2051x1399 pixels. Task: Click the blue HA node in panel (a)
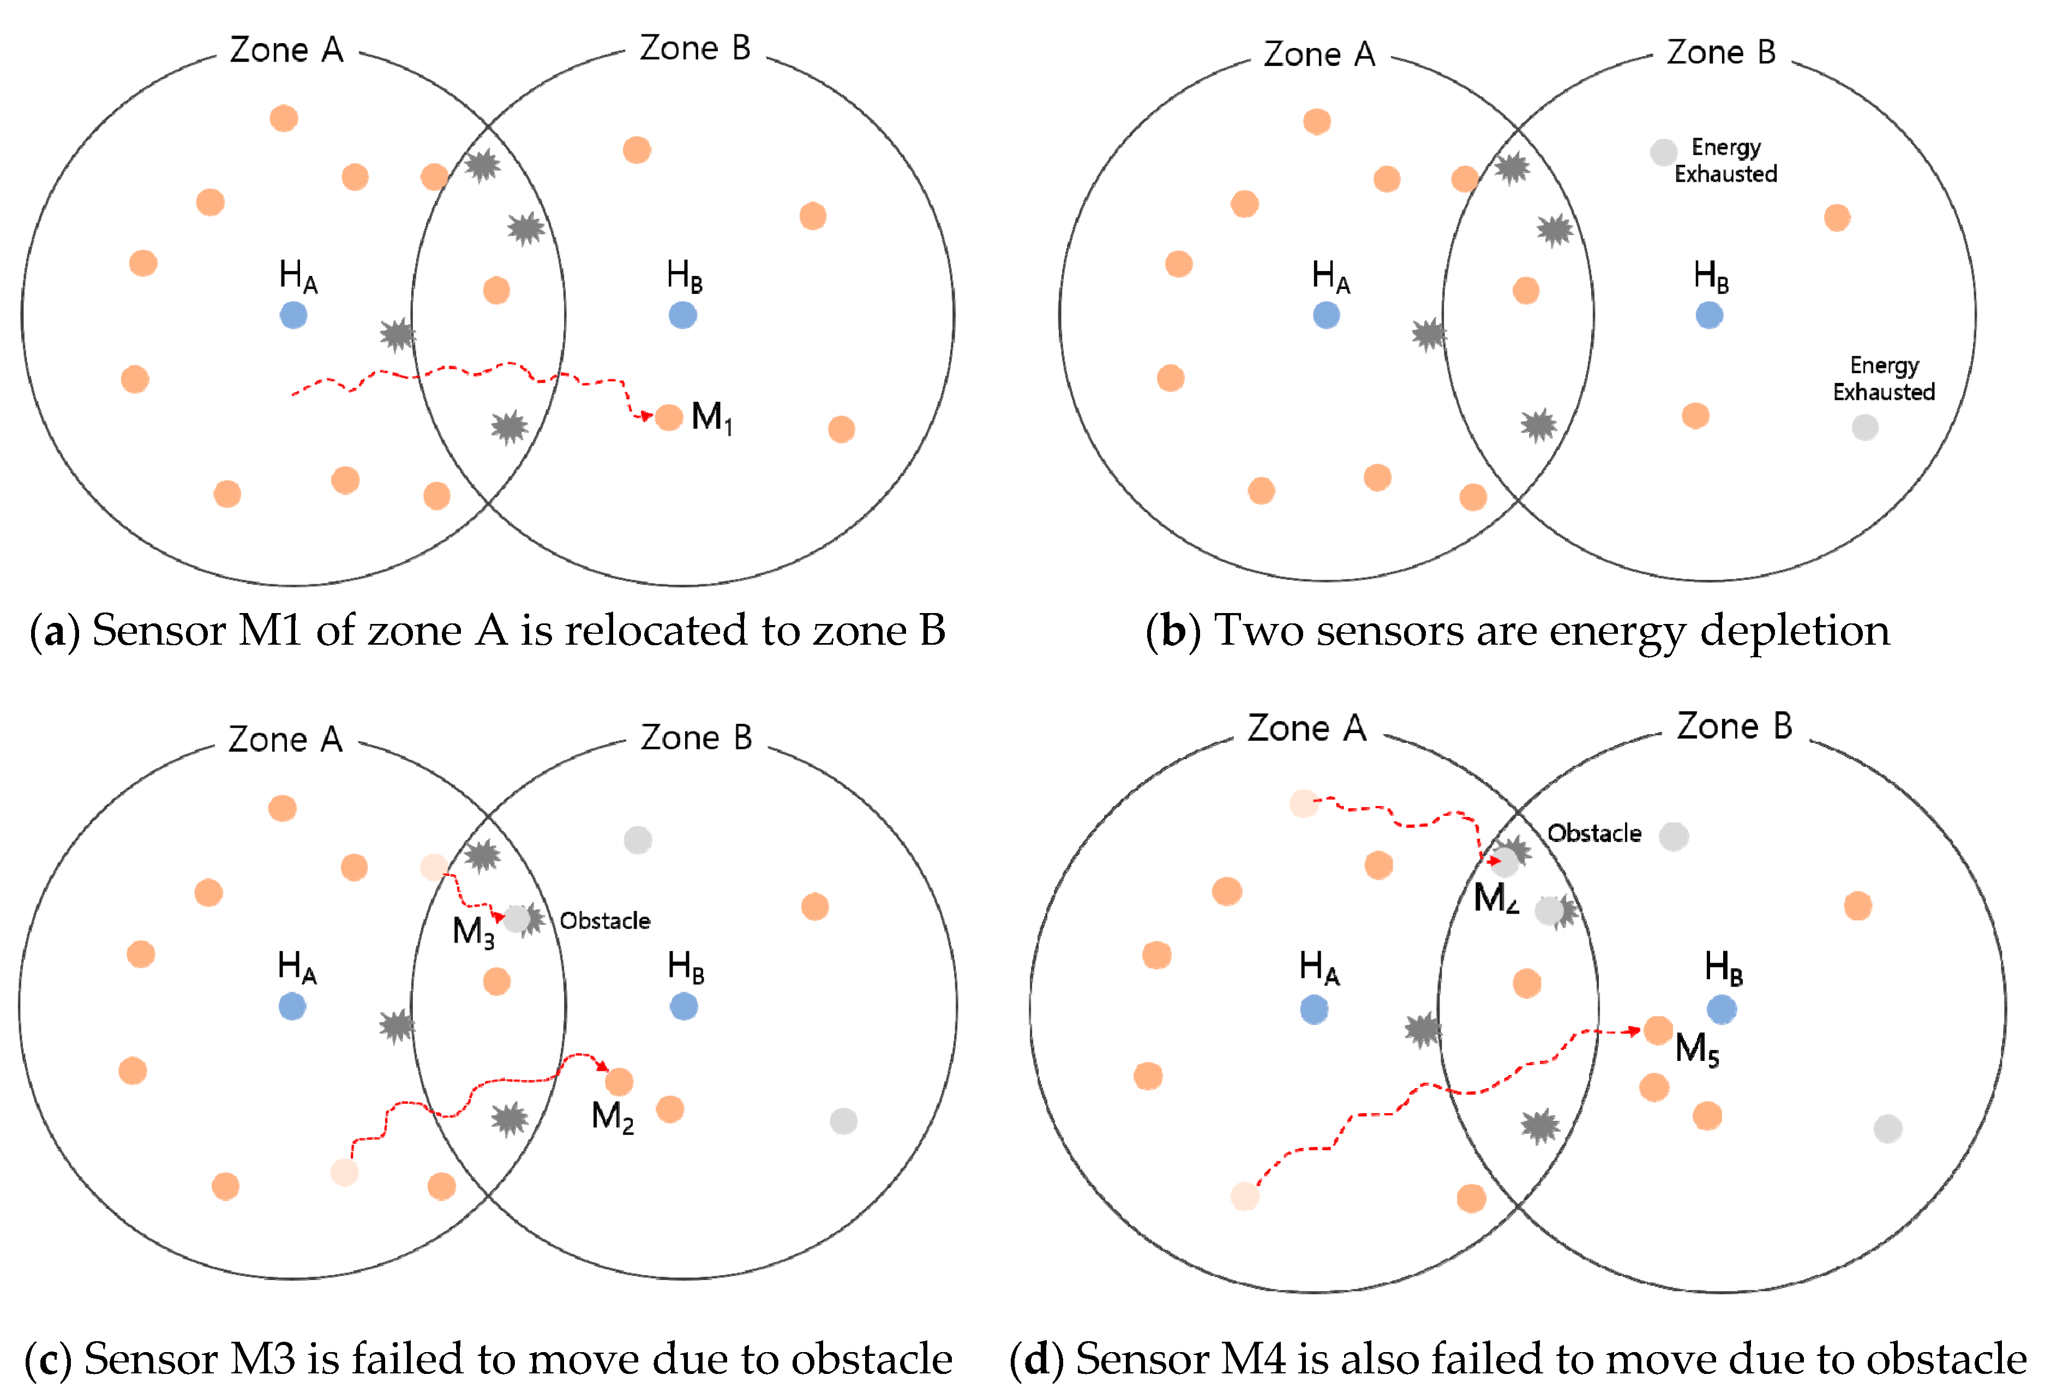pos(293,315)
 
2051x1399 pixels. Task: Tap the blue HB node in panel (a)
pos(682,315)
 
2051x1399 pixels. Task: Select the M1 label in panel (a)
pos(711,417)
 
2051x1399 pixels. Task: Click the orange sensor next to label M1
pos(669,417)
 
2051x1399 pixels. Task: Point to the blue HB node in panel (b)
pos(1708,315)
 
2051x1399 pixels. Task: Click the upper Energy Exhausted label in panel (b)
pos(1725,161)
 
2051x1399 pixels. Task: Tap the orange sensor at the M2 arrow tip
pos(619,1081)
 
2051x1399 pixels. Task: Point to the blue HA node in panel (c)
pos(292,1006)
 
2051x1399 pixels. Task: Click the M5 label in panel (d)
pos(1696,1049)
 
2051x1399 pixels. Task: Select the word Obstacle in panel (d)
pos(1594,833)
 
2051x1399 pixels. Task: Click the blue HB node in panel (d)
pos(1721,1009)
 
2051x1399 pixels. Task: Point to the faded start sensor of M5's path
pos(1244,1197)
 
